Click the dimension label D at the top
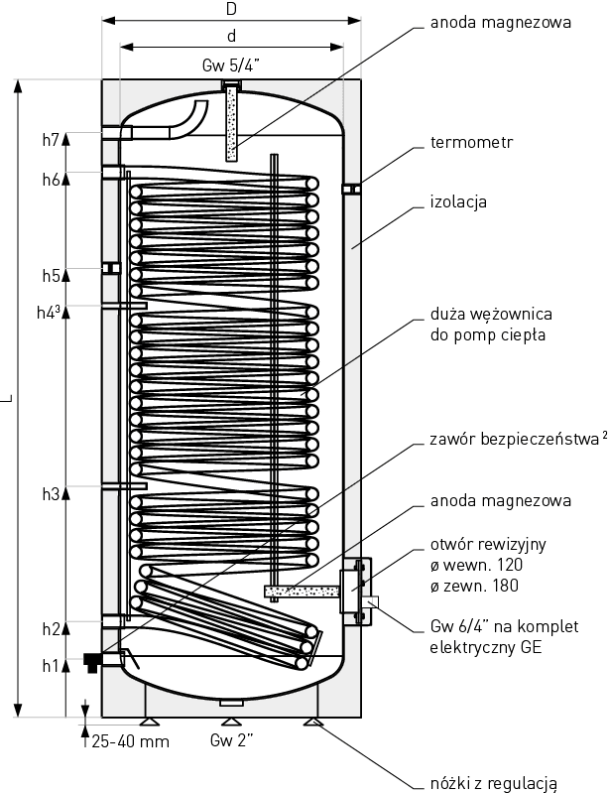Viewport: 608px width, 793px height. tap(230, 10)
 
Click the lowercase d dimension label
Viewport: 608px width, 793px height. tap(230, 37)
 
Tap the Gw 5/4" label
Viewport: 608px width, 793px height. tap(230, 66)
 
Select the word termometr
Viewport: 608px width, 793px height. tap(471, 143)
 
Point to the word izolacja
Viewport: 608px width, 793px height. tap(458, 202)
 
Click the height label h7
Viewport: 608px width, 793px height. tap(52, 139)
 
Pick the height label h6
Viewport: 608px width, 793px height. tap(52, 180)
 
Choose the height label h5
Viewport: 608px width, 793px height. tap(52, 275)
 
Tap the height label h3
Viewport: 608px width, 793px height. tap(52, 493)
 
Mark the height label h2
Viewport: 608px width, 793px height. tap(52, 629)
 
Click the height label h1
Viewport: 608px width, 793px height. tap(52, 666)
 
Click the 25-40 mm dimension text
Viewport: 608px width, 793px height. tap(129, 741)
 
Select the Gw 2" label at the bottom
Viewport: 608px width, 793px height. tap(231, 741)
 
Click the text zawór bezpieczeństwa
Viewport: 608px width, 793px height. tap(514, 438)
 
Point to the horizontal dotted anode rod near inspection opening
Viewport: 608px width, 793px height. tap(298, 593)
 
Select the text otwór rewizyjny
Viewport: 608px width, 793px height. tap(488, 545)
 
